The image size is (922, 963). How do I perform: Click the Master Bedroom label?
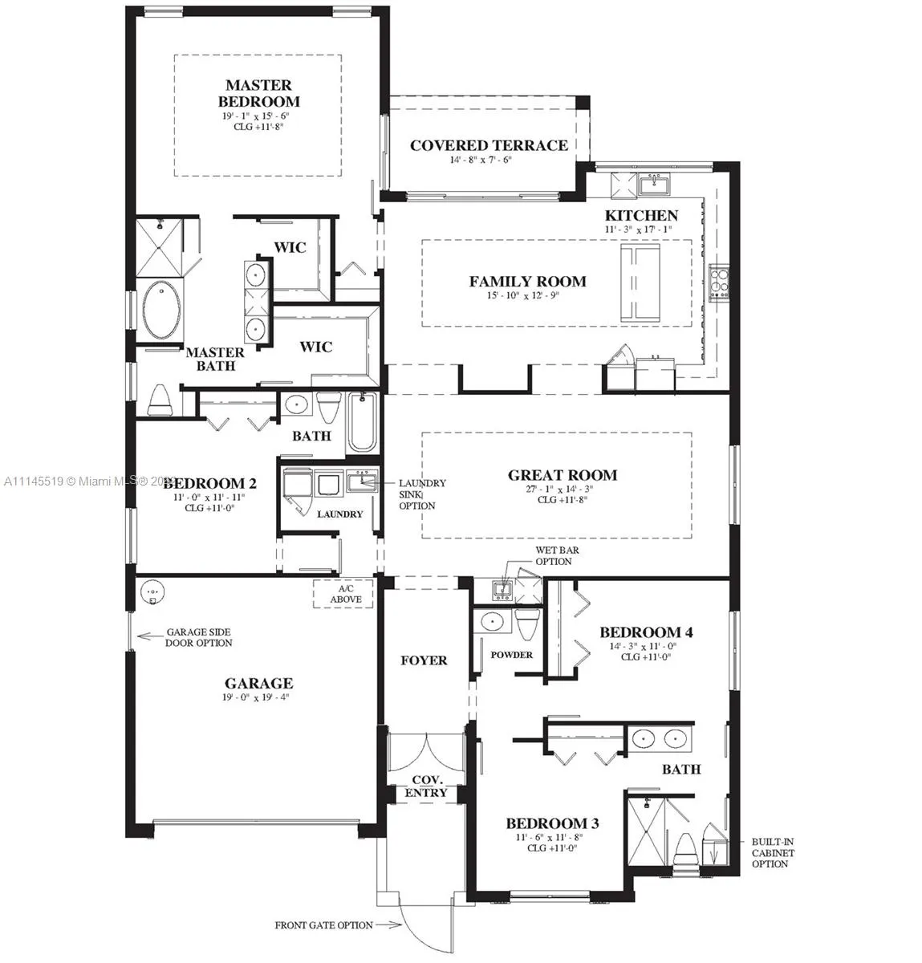[258, 93]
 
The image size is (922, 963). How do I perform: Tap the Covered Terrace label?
[489, 145]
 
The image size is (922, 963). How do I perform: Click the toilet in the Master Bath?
[160, 400]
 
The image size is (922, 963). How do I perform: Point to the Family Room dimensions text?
[527, 295]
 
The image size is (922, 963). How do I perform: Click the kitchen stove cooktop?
[718, 282]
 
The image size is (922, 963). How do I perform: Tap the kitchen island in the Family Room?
[639, 282]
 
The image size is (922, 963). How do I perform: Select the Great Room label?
[562, 475]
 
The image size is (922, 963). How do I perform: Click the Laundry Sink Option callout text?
[422, 494]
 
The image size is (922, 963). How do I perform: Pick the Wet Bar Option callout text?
[557, 556]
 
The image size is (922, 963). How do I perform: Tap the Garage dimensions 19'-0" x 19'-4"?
[258, 697]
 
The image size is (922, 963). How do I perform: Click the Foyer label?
[424, 660]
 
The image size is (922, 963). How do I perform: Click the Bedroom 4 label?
[646, 632]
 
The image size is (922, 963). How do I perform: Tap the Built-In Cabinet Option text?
[772, 853]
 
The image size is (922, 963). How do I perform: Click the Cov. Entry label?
[429, 786]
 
